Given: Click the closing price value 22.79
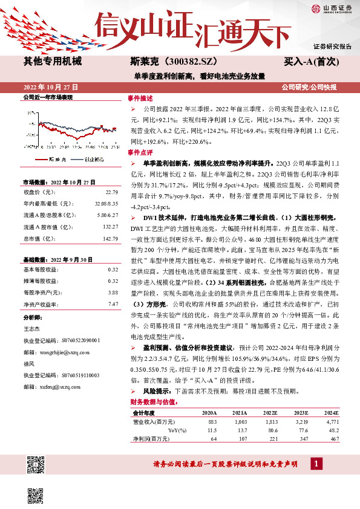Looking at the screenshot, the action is click(111, 192).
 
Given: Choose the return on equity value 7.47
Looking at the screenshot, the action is click(113, 303).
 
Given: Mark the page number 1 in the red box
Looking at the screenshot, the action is click(316, 464).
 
